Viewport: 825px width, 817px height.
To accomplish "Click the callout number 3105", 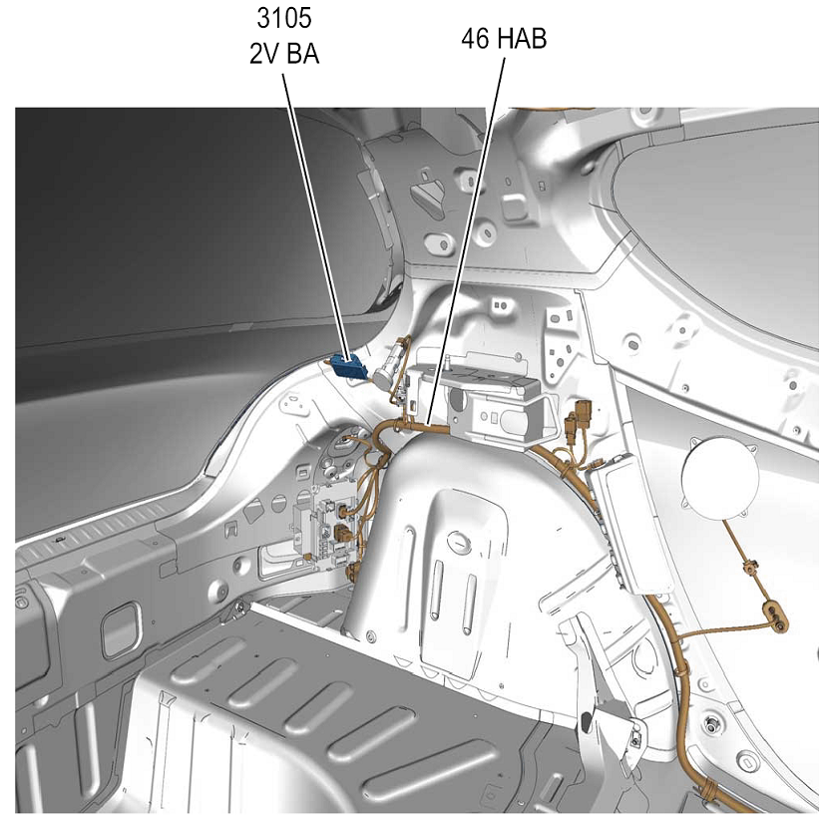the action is click(x=284, y=18).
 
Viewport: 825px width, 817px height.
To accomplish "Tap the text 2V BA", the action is click(x=284, y=54).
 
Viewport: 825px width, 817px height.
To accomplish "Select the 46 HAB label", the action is click(x=504, y=39).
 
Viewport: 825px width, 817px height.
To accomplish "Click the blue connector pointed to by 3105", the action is click(x=347, y=366).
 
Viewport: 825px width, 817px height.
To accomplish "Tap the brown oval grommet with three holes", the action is click(x=775, y=614).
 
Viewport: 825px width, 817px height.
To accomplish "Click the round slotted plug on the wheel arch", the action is click(x=458, y=541).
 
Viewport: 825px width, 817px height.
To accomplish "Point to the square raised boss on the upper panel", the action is click(x=514, y=207).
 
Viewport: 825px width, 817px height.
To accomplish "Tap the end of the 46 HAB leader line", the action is click(x=429, y=424).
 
